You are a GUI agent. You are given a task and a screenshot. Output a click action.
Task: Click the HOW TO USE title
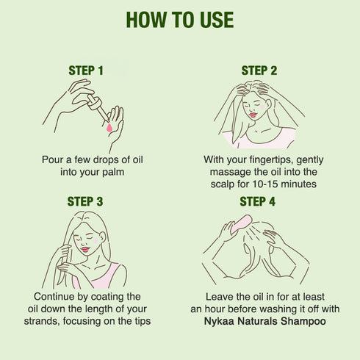coord(180,20)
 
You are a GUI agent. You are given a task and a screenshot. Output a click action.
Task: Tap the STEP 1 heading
coord(86,71)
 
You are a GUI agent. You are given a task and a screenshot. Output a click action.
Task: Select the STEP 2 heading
coord(259,71)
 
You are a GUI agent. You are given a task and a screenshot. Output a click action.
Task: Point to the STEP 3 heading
coord(85,201)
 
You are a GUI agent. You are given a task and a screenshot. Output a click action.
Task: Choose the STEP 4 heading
coord(257,201)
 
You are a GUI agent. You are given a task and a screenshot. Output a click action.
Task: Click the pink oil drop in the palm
coord(109,127)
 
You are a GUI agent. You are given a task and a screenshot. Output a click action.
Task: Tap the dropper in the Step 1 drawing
coord(98,107)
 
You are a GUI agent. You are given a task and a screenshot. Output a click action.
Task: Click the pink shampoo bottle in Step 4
coord(241,223)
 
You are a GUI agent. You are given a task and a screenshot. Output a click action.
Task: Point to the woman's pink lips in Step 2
coord(253,115)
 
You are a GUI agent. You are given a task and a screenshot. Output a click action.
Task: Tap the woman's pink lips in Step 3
coord(84,250)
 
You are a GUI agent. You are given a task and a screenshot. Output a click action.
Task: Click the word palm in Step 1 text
coord(113,172)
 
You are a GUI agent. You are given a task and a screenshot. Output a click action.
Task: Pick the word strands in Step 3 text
coord(42,321)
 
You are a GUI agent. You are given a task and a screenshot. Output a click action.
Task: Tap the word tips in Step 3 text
coord(143,322)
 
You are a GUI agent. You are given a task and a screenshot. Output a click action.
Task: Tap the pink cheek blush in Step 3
coord(96,240)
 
